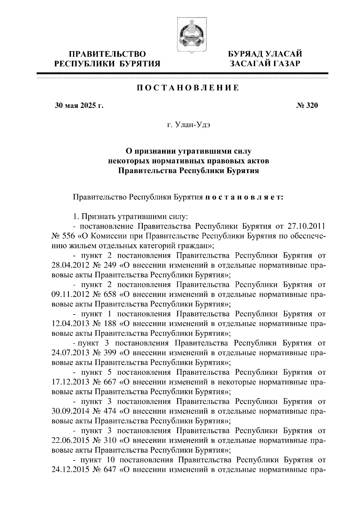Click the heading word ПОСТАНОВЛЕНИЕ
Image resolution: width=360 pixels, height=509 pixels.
tap(188, 88)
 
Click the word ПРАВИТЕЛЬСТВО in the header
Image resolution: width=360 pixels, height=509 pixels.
tap(107, 54)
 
